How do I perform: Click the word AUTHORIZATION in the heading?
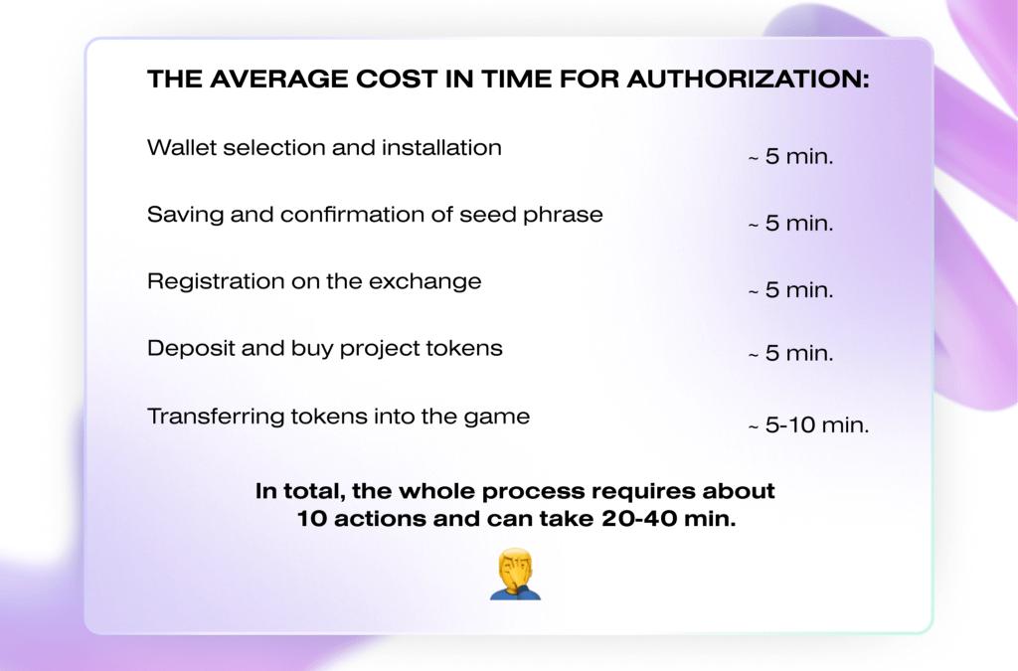pos(748,80)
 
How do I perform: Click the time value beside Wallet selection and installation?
pos(790,156)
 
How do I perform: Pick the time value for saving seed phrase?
pos(790,224)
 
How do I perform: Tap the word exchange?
pos(424,281)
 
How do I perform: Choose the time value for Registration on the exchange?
pos(790,290)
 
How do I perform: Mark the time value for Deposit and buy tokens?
pos(790,354)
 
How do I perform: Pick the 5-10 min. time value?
pos(808,425)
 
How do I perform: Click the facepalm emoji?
pos(515,574)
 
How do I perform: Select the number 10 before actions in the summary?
pos(311,519)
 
